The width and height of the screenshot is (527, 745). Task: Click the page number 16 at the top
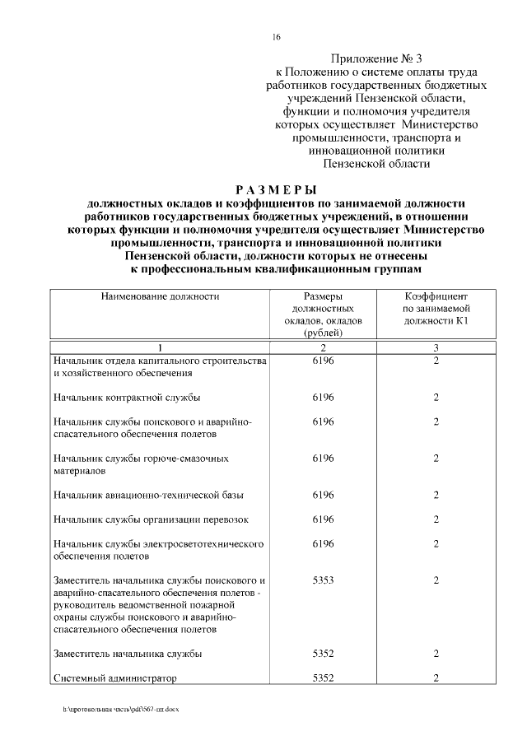[x=277, y=37]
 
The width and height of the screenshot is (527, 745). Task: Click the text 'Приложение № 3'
[x=375, y=58]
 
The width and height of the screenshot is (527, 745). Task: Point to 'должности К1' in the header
[x=436, y=319]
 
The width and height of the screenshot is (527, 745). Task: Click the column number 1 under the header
[x=161, y=347]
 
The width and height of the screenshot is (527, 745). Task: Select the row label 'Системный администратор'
[x=114, y=678]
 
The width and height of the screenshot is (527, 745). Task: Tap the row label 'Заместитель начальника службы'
[x=127, y=654]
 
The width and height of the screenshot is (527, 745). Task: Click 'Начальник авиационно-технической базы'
[x=147, y=495]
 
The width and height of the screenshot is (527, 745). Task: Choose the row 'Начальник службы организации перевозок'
[x=150, y=519]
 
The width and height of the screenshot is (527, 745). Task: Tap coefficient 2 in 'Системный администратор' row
[x=436, y=678]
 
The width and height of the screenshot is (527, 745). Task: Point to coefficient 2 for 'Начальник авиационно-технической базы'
[x=436, y=495]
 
